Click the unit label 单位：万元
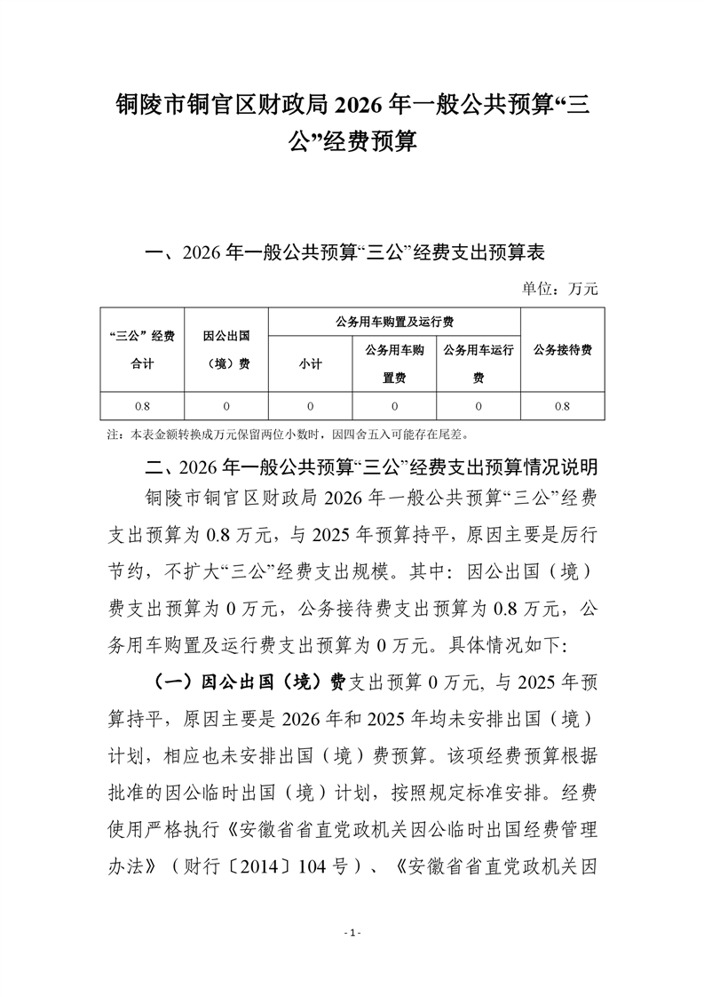560,288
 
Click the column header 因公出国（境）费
225,349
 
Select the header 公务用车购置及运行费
393,321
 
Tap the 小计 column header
311,364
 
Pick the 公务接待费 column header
562,349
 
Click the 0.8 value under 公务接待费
562,406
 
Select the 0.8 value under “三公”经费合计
142,406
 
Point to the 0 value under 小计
311,406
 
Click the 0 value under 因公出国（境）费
225,406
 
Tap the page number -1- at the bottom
352,933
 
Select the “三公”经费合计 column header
142,349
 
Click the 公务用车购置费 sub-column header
393,363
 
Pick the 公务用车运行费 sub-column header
479,363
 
